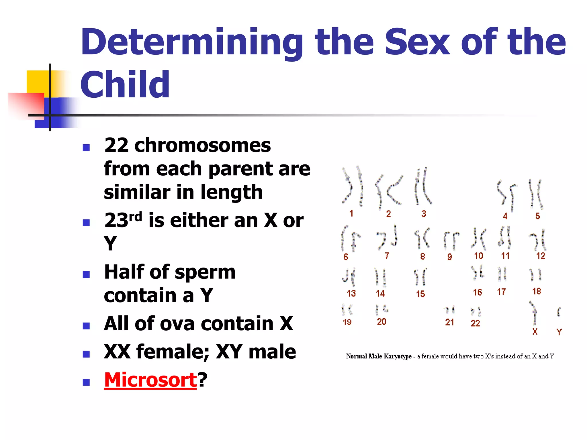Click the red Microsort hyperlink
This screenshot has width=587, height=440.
(150, 380)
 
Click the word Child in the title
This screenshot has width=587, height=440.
(125, 85)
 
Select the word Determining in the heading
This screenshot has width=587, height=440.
(192, 42)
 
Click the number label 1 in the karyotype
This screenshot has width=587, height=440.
(351, 213)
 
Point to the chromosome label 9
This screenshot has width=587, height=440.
(449, 257)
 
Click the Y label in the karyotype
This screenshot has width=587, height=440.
(559, 332)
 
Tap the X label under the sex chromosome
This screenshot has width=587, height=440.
(535, 332)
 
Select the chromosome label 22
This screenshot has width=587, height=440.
(475, 323)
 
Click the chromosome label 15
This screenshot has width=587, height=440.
(420, 294)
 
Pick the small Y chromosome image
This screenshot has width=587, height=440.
(559, 311)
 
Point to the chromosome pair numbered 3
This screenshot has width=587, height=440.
(422, 187)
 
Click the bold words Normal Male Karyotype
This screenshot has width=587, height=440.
(378, 356)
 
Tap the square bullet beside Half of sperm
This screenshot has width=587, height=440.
(86, 274)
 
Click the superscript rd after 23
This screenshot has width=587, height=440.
(135, 217)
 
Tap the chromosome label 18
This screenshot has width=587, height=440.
(537, 291)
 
